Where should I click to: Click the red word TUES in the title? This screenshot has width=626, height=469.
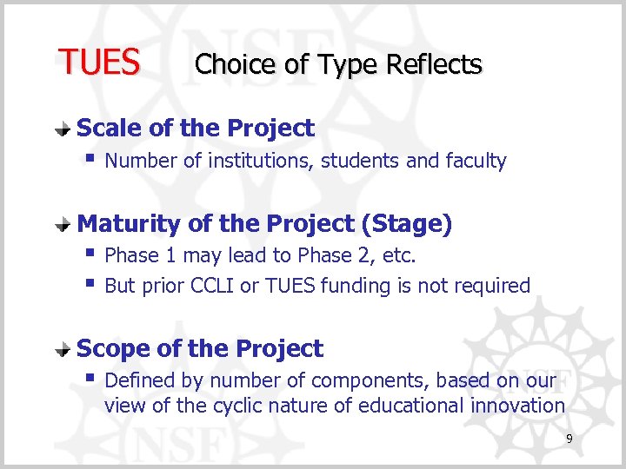click(x=98, y=63)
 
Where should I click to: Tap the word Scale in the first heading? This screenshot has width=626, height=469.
click(x=110, y=129)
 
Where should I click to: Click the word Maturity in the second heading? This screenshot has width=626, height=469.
click(x=129, y=224)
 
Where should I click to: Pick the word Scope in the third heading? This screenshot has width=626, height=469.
click(x=113, y=349)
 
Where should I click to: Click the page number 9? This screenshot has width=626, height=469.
click(x=569, y=439)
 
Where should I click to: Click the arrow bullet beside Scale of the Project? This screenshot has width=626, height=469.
click(x=63, y=129)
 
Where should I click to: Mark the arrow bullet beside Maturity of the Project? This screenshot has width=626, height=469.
click(x=63, y=225)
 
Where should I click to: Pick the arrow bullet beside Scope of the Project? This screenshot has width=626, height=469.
click(x=63, y=350)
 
